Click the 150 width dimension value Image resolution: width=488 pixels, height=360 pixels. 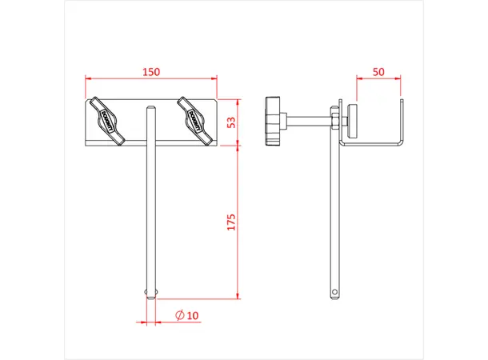[150, 71]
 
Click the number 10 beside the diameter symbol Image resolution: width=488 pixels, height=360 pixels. [192, 314]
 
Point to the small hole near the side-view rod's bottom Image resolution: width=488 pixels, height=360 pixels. [334, 290]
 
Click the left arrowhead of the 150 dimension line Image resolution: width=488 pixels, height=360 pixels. [88, 79]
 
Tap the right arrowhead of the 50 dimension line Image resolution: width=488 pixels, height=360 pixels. [400, 79]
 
